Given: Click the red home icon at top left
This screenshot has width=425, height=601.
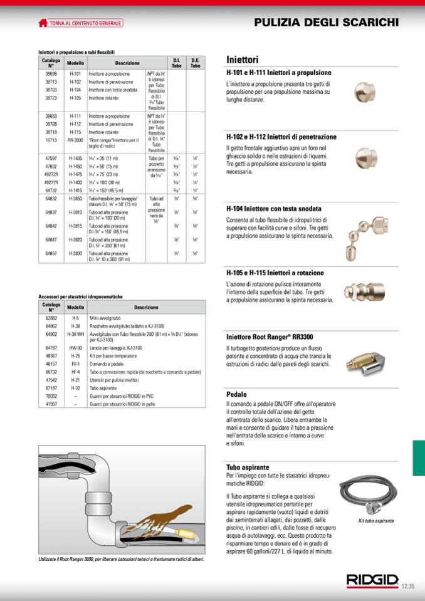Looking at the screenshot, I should tap(43, 23).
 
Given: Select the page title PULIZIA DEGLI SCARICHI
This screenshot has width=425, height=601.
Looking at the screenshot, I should tap(326, 23).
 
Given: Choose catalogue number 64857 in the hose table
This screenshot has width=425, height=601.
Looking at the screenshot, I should tap(51, 254).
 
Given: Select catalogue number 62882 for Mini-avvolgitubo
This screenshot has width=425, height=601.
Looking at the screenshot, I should tap(51, 318).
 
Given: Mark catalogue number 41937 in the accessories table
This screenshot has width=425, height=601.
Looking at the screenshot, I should tap(51, 405).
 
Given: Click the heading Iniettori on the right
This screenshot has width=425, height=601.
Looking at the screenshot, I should tap(242, 60).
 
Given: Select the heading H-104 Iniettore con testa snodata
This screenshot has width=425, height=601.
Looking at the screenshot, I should tap(274, 208).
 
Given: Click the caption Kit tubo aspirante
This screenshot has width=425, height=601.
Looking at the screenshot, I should tap(376, 521).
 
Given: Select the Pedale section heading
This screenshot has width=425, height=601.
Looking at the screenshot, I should tap(236, 395).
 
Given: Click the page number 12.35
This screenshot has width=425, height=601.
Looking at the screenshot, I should tap(408, 586).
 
